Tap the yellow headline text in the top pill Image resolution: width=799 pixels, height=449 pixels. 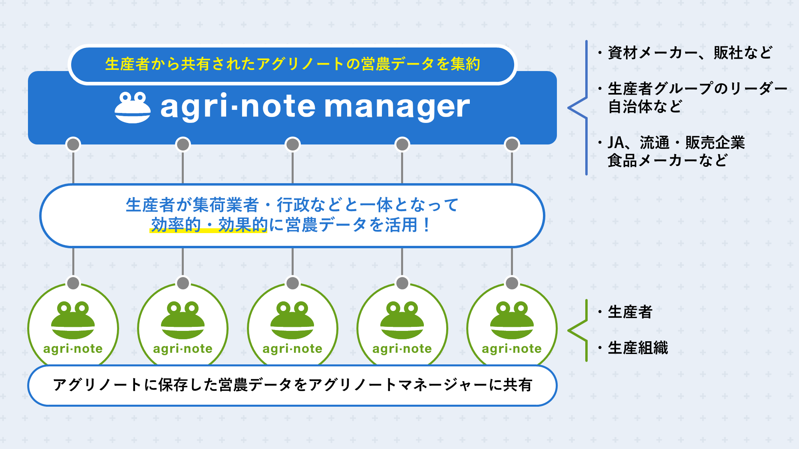click(292, 64)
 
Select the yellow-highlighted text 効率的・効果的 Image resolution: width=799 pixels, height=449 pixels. click(209, 225)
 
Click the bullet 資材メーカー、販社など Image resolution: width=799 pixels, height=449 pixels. click(690, 53)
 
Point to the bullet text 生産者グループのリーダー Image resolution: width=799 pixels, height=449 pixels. click(697, 88)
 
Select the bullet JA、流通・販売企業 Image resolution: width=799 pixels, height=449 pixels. click(676, 142)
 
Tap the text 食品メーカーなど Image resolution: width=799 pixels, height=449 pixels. click(667, 160)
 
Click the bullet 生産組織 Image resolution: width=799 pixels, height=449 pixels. click(638, 348)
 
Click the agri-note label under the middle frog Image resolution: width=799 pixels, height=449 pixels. click(292, 349)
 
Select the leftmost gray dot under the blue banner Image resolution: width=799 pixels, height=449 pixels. click(73, 144)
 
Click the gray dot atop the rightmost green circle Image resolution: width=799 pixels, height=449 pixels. click(512, 283)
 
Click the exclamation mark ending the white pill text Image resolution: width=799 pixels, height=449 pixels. click(426, 225)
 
